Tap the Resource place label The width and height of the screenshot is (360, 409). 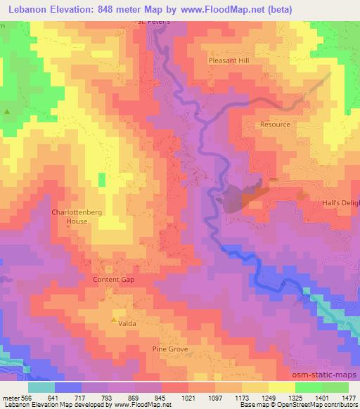click(274, 124)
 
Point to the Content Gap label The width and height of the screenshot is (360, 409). click(113, 279)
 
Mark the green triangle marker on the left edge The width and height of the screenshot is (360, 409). click(8, 112)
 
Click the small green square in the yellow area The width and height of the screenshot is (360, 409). click(102, 180)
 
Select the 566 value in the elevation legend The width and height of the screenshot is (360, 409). click(27, 398)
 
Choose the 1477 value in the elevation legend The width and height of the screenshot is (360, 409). click(347, 398)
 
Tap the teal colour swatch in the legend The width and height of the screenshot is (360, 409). click(41, 387)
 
